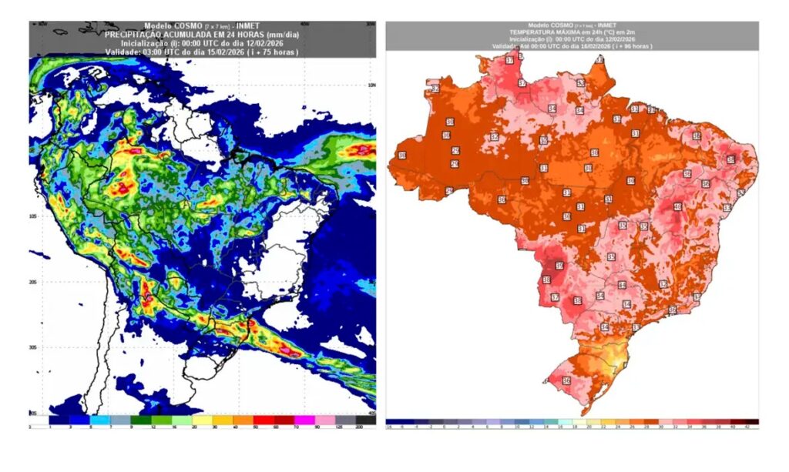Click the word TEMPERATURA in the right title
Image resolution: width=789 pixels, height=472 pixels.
[536, 32]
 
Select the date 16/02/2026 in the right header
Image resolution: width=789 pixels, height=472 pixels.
[590, 46]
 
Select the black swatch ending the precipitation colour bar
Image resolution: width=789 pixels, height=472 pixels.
[368, 420]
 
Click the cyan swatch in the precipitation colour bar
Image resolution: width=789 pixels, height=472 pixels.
[99, 420]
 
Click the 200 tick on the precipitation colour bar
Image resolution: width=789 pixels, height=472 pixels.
[359, 427]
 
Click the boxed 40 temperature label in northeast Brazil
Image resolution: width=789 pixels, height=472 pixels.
[677, 206]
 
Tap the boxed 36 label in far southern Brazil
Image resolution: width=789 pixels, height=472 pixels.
[566, 380]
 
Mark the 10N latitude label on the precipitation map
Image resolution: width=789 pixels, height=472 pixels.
[371, 85]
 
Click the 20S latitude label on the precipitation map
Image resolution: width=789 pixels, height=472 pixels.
[33, 283]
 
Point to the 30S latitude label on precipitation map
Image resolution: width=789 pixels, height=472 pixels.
[33, 347]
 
